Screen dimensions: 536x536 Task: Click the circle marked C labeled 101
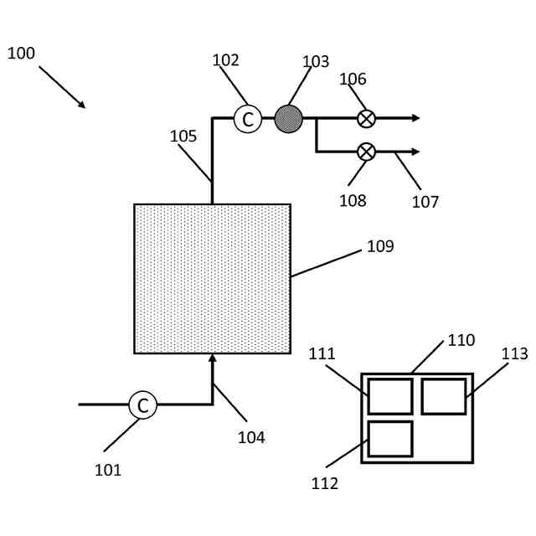[142, 405]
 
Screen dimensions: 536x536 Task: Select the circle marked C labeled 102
[247, 119]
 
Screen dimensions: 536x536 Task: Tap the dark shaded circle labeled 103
[288, 119]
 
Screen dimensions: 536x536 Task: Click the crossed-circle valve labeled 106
[366, 119]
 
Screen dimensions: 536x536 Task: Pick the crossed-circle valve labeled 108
[366, 152]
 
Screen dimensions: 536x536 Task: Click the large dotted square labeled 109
[212, 278]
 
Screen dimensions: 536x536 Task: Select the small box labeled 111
[389, 396]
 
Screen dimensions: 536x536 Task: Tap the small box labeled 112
[389, 439]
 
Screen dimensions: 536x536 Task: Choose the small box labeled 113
[443, 396]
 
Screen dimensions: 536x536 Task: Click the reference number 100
[21, 54]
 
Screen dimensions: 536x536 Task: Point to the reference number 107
[425, 202]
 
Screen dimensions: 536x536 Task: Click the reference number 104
[251, 437]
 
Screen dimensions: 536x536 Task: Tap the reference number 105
[183, 137]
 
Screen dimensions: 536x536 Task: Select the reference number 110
[461, 340]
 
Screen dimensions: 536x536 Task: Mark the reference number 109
[380, 246]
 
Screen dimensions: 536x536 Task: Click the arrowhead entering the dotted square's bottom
[212, 358]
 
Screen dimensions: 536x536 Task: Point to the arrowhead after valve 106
[415, 118]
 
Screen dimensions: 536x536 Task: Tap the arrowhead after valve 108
[415, 152]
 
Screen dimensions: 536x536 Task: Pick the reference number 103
[316, 62]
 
